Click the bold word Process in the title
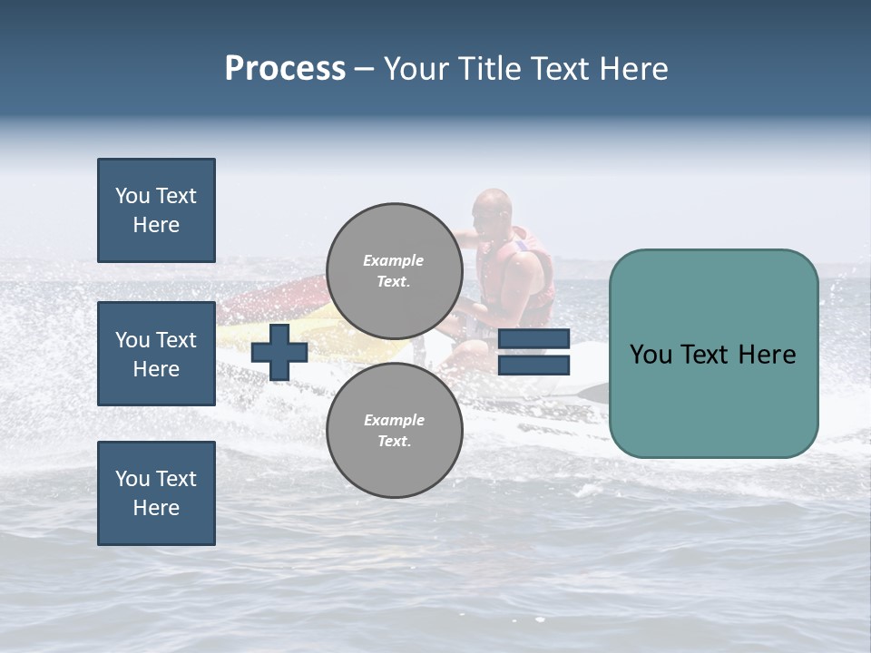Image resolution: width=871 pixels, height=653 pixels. tap(285, 69)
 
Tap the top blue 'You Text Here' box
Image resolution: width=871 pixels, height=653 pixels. tap(156, 210)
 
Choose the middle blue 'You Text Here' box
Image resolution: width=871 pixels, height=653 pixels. tap(156, 354)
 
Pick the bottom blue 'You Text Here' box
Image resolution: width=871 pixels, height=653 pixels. tap(156, 493)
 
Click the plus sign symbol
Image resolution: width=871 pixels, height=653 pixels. tap(279, 352)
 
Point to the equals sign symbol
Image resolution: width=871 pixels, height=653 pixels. tap(534, 352)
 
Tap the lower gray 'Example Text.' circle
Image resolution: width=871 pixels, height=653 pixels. tap(395, 431)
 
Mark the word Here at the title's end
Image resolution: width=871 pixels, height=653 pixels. tap(632, 69)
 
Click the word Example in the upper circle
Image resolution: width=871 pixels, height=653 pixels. tap(394, 260)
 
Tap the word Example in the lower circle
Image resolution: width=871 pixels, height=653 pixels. tap(394, 420)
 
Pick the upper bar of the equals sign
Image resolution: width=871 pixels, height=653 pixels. tap(534, 339)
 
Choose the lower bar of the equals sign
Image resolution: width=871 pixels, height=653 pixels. tap(534, 365)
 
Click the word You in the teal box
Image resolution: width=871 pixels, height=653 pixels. tap(651, 355)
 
